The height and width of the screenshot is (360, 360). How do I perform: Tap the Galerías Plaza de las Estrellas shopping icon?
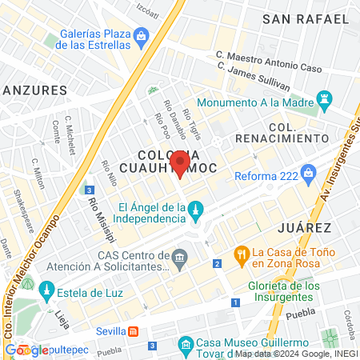click(141, 35)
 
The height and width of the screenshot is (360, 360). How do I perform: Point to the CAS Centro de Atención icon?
click(181, 256)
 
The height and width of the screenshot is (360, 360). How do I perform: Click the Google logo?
click(26, 350)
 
